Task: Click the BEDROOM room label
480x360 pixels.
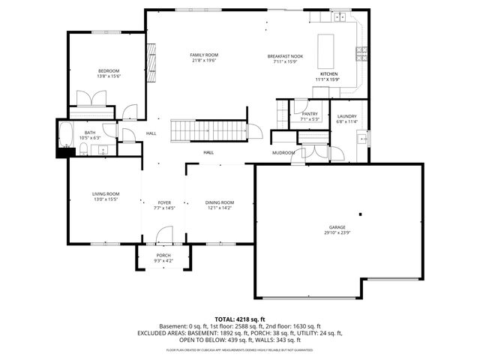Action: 109,70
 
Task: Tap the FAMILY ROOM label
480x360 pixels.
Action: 203,55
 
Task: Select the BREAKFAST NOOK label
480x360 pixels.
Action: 284,56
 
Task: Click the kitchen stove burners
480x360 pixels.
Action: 361,52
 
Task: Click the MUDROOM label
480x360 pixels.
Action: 283,153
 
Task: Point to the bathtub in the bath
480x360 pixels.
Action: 65,136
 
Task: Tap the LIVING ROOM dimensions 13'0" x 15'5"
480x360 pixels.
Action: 106,199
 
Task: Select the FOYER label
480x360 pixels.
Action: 164,202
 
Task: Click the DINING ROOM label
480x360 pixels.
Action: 220,202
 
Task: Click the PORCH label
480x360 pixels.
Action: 163,255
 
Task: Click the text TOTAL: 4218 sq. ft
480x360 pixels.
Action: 240,319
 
